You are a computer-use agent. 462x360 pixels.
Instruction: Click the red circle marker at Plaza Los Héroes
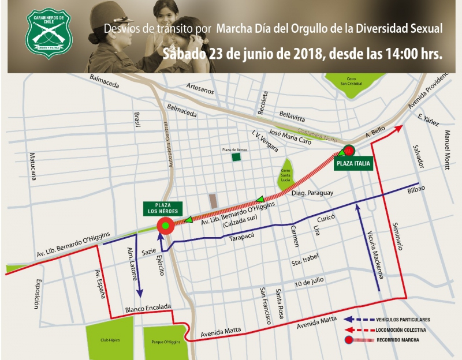166,226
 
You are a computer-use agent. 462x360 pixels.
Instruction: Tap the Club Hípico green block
109,340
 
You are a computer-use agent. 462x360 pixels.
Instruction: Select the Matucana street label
33,166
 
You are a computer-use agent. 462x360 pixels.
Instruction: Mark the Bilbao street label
416,190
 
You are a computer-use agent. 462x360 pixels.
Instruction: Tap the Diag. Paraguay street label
312,193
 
